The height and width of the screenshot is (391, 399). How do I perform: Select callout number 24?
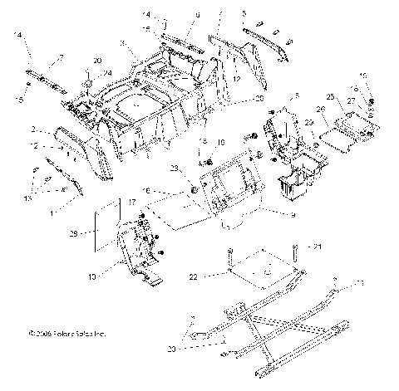(x=108, y=73)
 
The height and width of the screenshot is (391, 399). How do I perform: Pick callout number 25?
(x=329, y=98)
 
